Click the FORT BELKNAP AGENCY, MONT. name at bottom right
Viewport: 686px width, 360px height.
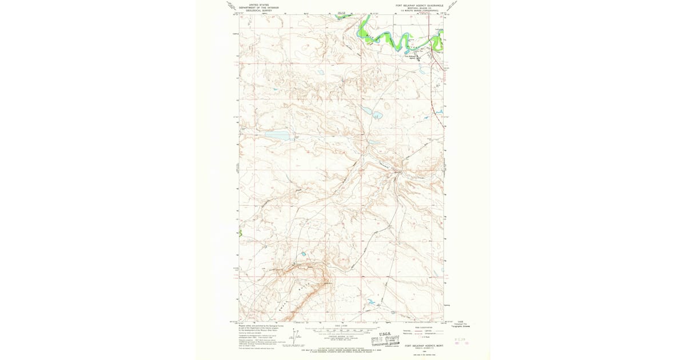click(424, 345)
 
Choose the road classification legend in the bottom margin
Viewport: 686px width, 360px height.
click(423, 331)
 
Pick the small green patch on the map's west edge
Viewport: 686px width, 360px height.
click(240, 233)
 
